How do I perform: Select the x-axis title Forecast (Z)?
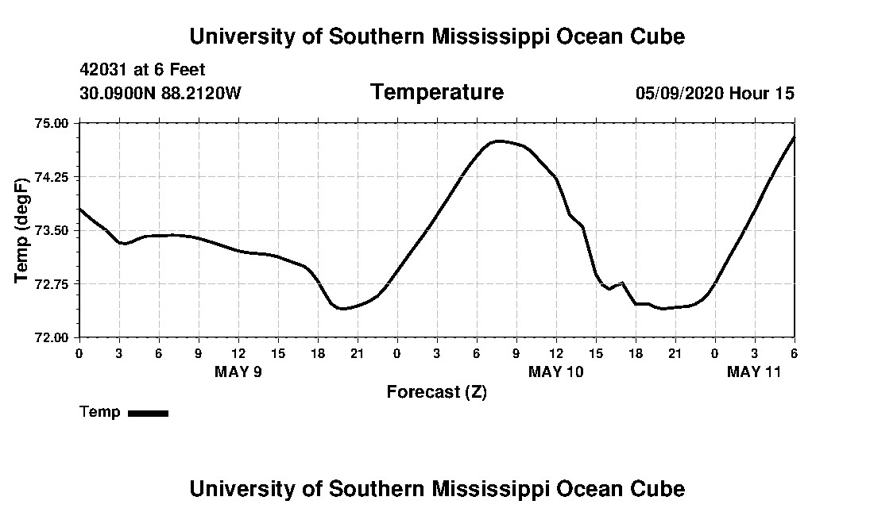[x=436, y=391]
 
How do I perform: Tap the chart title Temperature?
[x=436, y=92]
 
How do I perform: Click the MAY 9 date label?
[x=238, y=372]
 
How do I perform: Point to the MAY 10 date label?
[x=556, y=372]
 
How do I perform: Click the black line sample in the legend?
[x=148, y=413]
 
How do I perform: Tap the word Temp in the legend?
[x=100, y=412]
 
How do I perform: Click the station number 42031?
[x=106, y=71]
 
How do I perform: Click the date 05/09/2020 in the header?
[x=680, y=93]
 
